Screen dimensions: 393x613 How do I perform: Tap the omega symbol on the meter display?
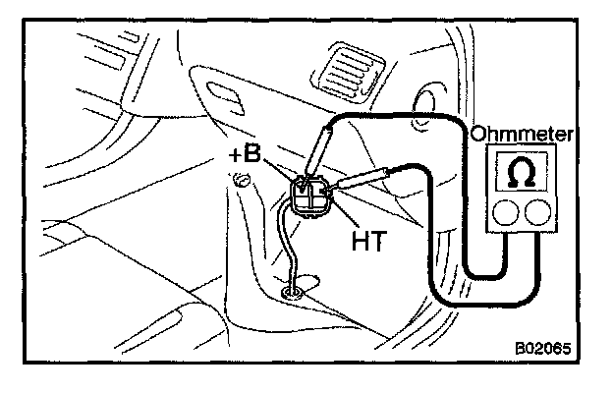[x=522, y=172]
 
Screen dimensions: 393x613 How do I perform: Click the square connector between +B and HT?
[x=312, y=195]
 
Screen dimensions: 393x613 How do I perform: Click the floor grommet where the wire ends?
[x=293, y=291]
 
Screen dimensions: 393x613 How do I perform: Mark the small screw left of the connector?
[x=240, y=178]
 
